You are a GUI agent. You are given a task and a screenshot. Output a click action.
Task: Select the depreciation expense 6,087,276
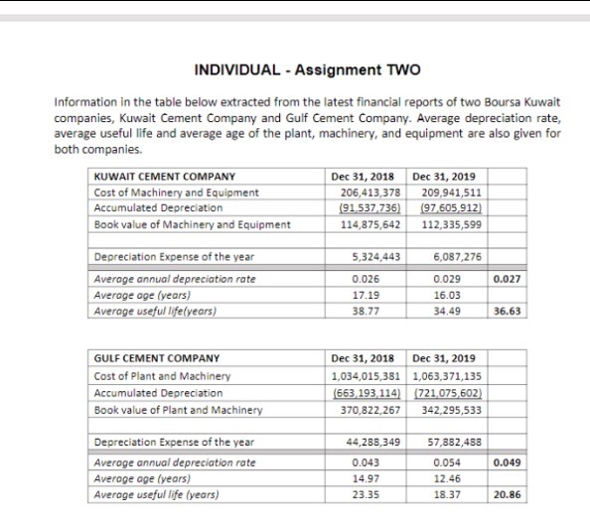(453, 257)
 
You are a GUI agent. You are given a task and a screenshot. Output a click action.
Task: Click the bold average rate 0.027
(507, 280)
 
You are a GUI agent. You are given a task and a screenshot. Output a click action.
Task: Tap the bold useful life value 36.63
(507, 311)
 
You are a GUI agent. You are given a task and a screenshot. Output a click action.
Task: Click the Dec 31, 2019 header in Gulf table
(444, 359)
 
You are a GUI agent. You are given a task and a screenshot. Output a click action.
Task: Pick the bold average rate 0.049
(507, 462)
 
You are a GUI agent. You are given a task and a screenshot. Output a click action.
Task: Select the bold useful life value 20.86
(507, 494)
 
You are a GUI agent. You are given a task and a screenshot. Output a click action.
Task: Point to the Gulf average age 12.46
(453, 478)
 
